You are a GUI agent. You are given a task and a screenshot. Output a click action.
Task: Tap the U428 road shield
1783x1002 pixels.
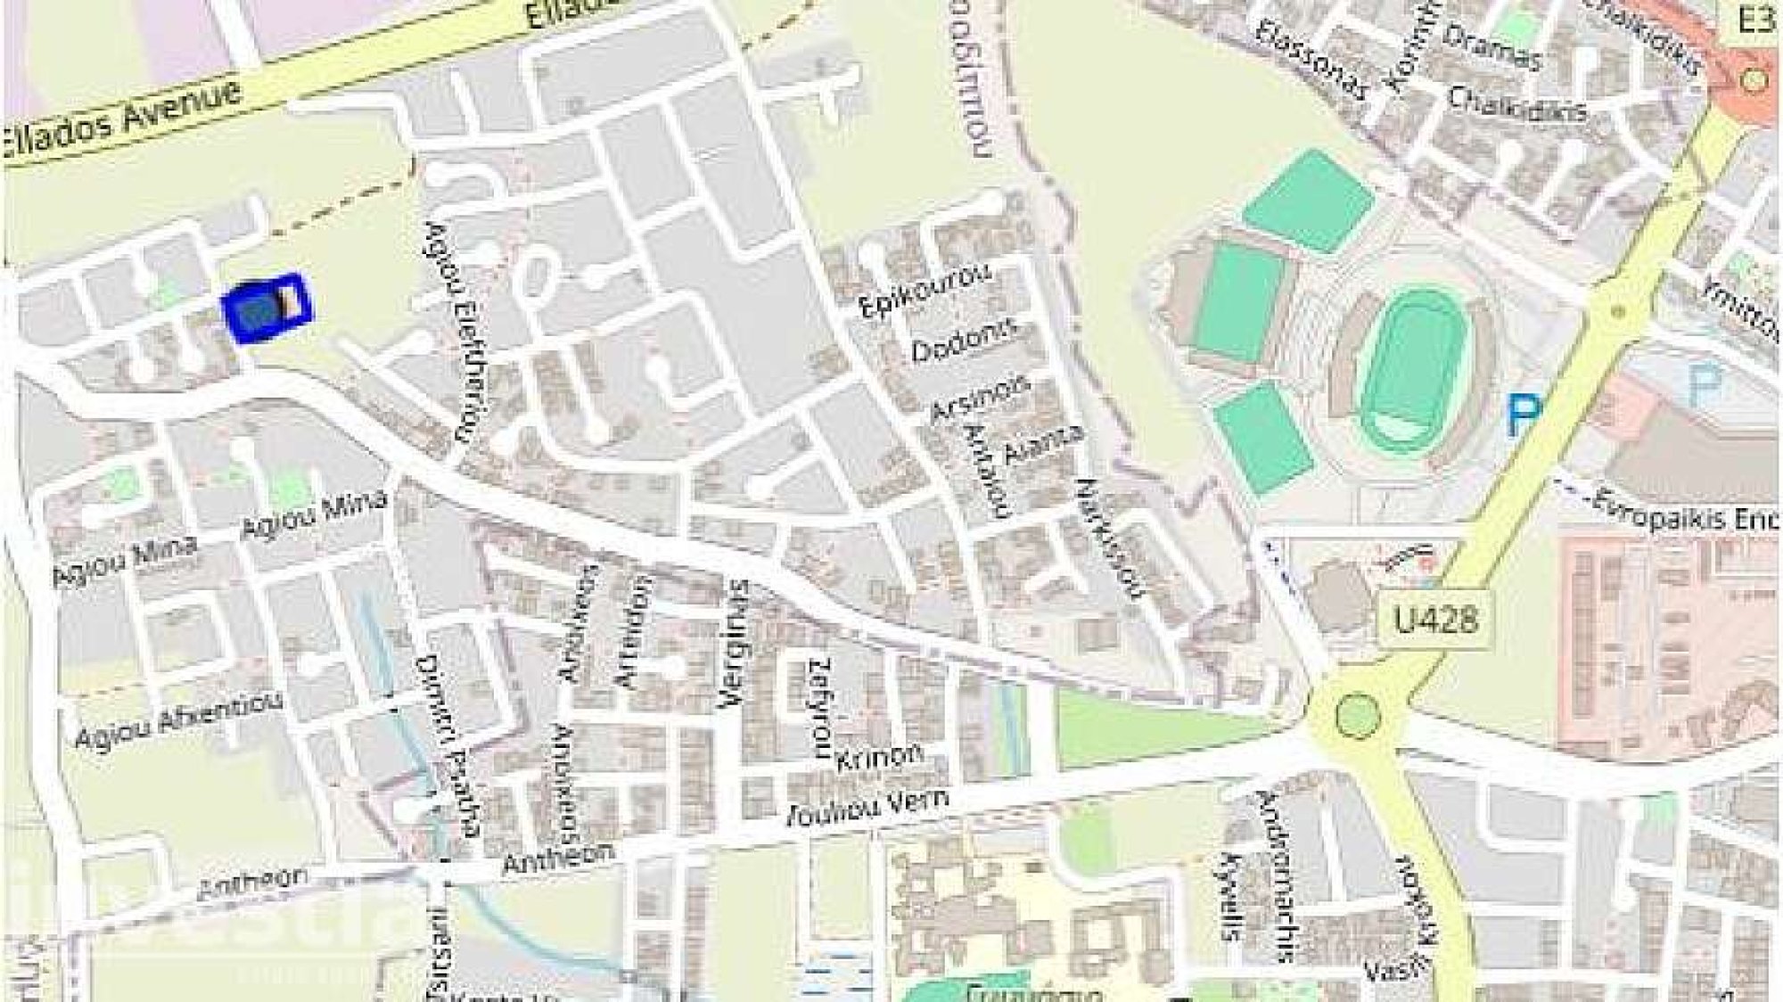click(x=1434, y=619)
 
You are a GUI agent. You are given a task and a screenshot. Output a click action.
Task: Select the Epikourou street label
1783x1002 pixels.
click(x=924, y=291)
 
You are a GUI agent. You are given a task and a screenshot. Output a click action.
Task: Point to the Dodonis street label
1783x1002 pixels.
click(x=964, y=341)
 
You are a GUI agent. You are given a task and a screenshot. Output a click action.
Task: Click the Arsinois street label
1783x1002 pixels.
click(x=980, y=398)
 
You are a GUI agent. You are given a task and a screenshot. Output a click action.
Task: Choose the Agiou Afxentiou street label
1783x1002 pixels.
click(x=178, y=721)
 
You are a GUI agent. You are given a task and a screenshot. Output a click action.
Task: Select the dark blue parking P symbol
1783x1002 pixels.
click(x=1523, y=417)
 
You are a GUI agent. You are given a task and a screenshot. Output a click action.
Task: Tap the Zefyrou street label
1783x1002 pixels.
click(x=820, y=708)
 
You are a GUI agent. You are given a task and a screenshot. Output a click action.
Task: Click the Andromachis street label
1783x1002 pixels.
click(x=1273, y=878)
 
